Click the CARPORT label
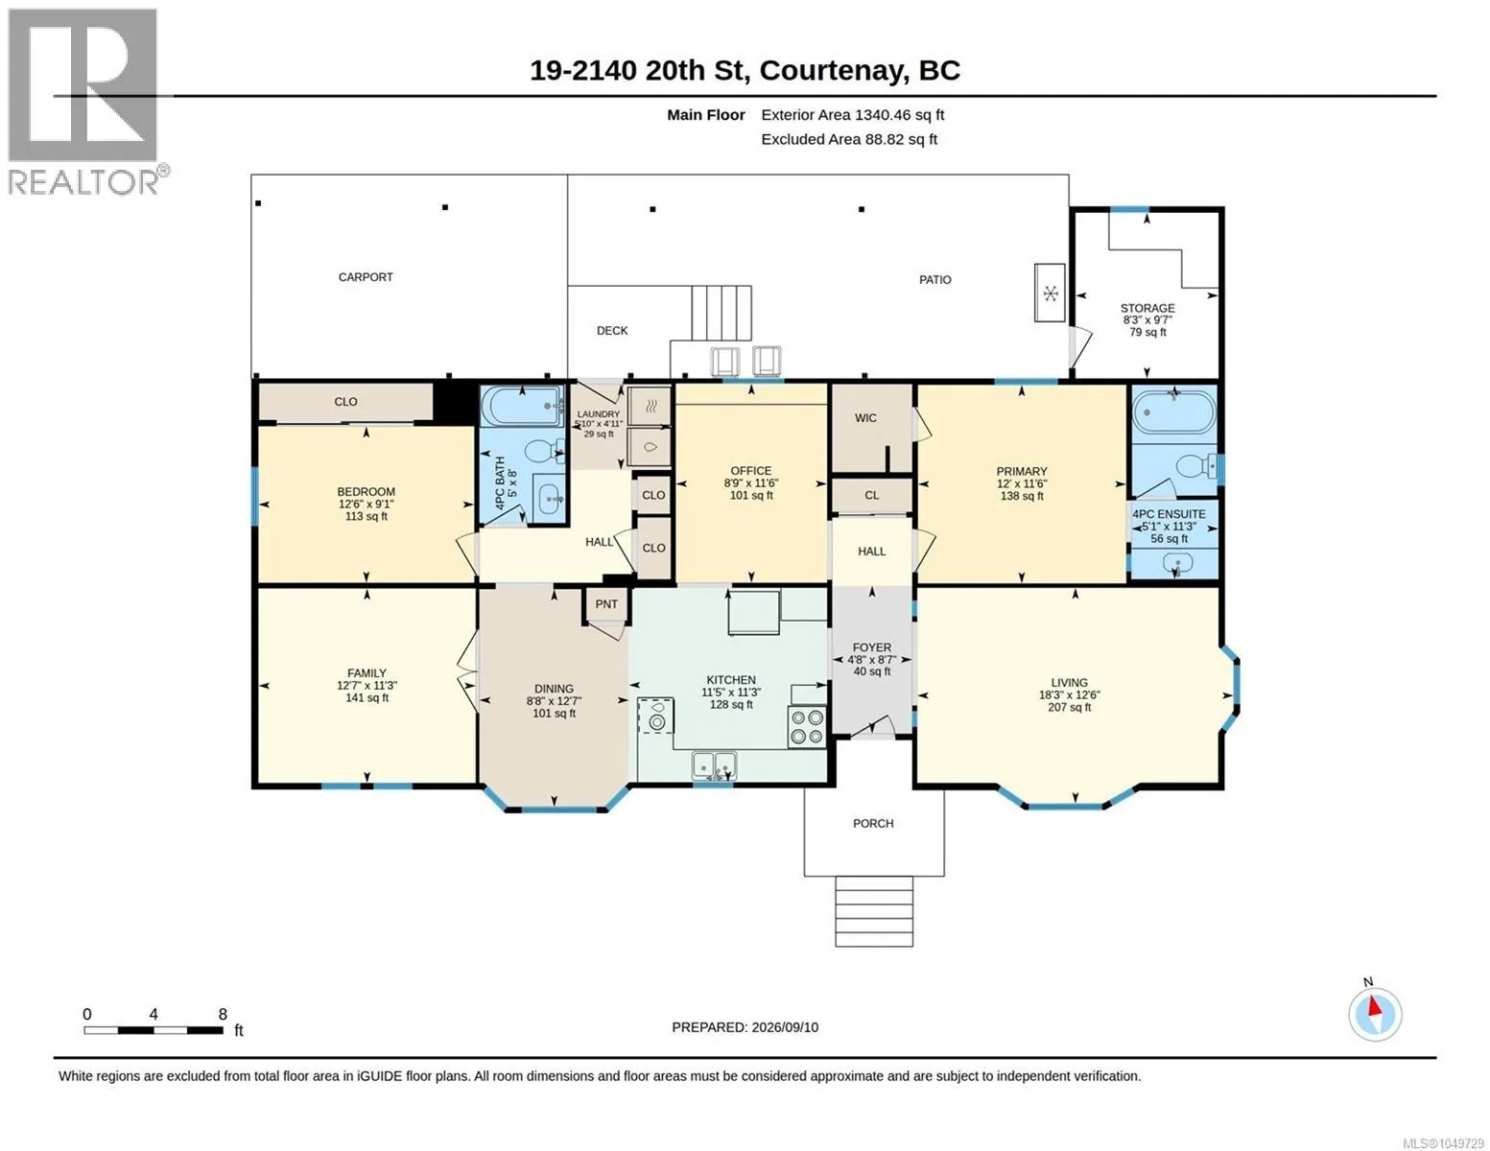[366, 277]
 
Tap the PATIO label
[935, 280]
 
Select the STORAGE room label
[1147, 309]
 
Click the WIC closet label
[865, 418]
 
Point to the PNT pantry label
[606, 604]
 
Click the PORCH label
[873, 823]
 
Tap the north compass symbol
[1375, 1014]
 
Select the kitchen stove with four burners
[806, 727]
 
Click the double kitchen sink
[715, 765]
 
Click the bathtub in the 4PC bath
[523, 406]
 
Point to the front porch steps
[874, 912]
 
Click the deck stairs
[721, 313]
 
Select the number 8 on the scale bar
[223, 1014]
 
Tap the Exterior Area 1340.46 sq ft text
[852, 115]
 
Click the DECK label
[612, 330]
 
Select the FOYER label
[871, 647]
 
